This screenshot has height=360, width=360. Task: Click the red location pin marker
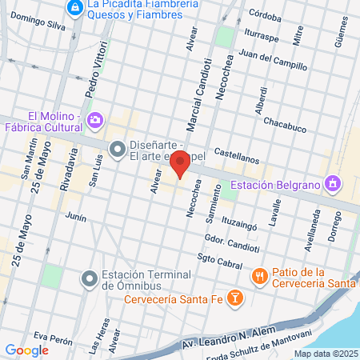coord(181,162)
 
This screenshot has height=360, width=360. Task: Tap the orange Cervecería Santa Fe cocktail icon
coord(234,299)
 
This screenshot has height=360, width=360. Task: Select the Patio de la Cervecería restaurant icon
coord(259,276)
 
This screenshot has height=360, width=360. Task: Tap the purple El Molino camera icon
coord(94,120)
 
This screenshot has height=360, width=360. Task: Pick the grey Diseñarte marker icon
coord(118,149)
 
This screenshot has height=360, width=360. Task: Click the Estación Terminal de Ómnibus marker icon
coord(90,278)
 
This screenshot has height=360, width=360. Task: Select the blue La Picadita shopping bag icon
coord(74,7)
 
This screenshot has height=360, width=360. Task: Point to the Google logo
coord(26,350)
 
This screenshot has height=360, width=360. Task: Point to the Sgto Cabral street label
coord(219,262)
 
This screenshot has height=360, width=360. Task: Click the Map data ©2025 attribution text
coord(325,353)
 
